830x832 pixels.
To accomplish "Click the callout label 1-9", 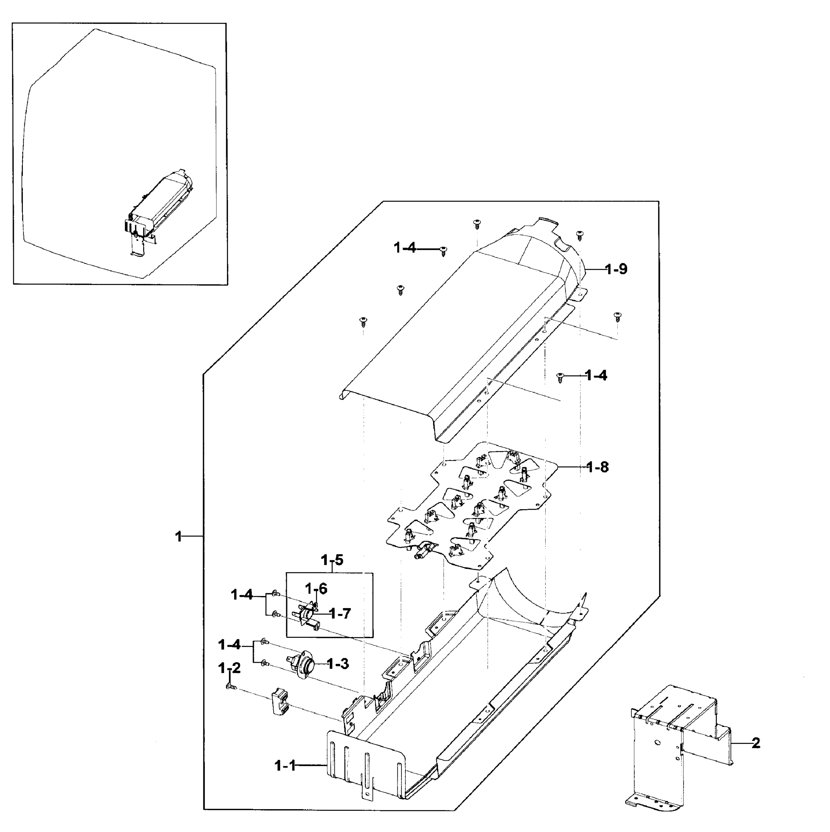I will pyautogui.click(x=616, y=270).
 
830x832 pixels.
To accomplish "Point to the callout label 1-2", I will pyautogui.click(x=229, y=668).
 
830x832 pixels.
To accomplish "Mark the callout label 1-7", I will pyautogui.click(x=340, y=613).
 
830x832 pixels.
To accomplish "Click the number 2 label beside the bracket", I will pyautogui.click(x=756, y=743).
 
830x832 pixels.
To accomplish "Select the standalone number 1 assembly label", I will pyautogui.click(x=178, y=537).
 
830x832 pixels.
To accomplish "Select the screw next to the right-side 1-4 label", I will pyautogui.click(x=560, y=377).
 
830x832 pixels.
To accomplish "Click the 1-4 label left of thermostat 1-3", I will pyautogui.click(x=229, y=645).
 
